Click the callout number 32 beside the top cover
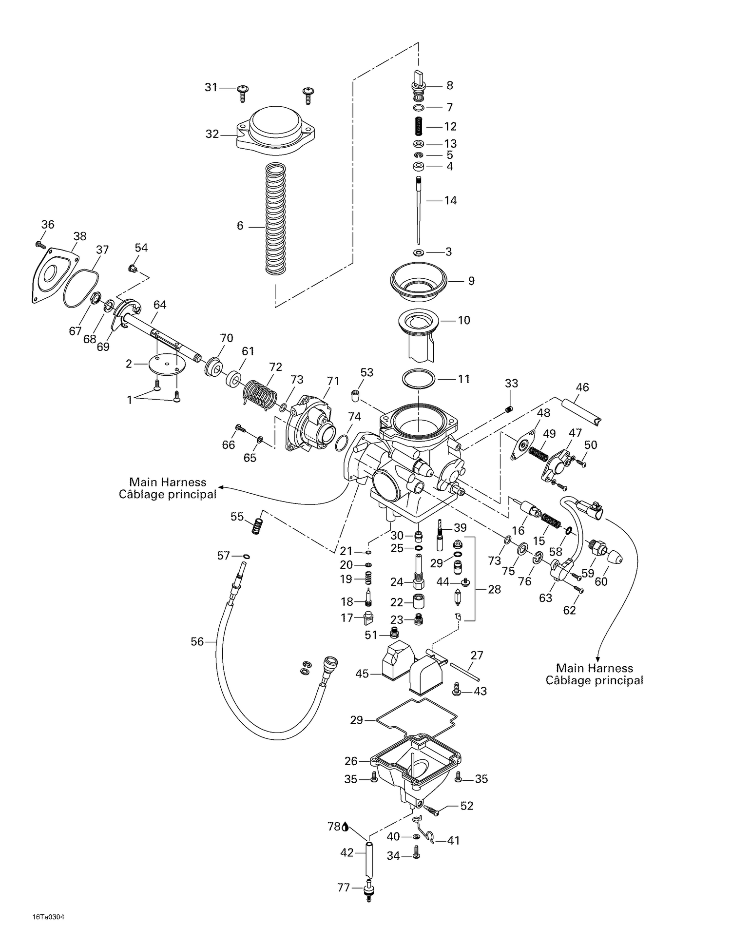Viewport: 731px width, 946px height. [x=212, y=134]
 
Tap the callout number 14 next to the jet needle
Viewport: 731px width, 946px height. [x=450, y=200]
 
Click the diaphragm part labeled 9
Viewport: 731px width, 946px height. [x=418, y=282]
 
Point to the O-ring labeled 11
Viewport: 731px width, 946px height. [x=419, y=378]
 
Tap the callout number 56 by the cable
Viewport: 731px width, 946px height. [x=197, y=642]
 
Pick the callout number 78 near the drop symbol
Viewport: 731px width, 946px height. [x=334, y=827]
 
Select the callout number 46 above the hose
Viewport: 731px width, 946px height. [x=582, y=387]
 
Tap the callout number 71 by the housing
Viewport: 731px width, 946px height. [x=333, y=381]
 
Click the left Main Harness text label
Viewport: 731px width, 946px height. [x=168, y=488]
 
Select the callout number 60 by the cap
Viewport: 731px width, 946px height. [x=601, y=581]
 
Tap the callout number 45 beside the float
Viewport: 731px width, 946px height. [x=362, y=674]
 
